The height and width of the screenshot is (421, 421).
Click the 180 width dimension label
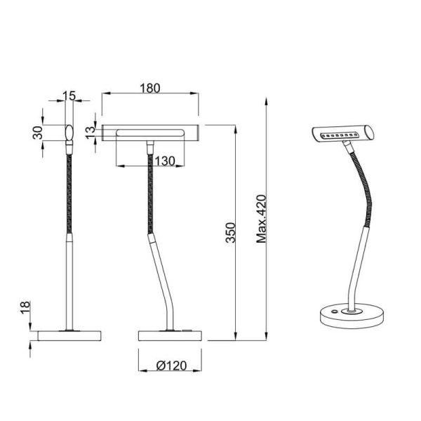point(149,88)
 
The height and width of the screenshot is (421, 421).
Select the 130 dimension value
point(163,161)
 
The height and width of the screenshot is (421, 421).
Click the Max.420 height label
point(262,218)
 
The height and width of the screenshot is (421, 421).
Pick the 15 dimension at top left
point(68,95)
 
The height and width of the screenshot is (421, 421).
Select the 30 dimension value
point(38,131)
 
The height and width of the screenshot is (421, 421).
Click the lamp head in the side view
point(150,133)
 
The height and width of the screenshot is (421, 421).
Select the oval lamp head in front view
point(69,131)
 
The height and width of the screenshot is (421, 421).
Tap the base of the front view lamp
point(67,335)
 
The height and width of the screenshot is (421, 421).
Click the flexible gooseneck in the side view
point(150,189)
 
